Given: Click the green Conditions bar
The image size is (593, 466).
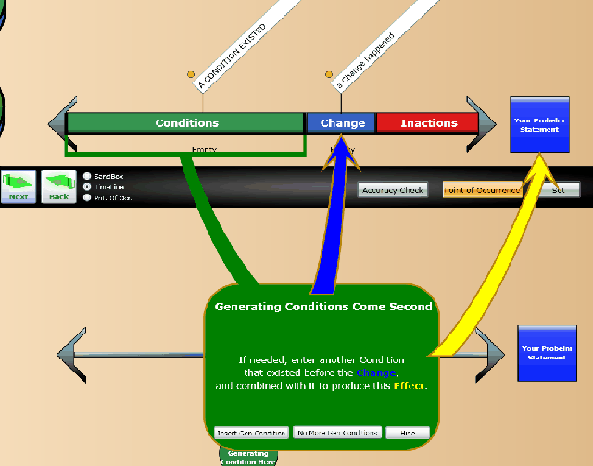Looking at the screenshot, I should (186, 123).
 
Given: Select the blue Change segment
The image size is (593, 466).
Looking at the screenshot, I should (342, 123).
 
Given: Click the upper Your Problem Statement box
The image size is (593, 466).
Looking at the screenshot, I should (538, 124).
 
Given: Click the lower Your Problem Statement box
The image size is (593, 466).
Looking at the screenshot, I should (543, 353).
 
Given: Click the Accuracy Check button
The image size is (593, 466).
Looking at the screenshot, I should (393, 190).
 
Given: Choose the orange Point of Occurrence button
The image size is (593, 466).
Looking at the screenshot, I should (481, 190).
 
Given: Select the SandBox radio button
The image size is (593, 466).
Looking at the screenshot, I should (87, 175).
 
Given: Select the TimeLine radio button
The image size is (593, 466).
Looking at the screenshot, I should (87, 185).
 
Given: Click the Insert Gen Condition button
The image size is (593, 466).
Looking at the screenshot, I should (250, 433).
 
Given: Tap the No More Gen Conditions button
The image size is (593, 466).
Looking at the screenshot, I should (336, 433).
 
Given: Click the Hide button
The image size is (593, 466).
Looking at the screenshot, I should (408, 433).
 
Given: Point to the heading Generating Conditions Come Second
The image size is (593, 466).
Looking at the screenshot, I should (322, 306).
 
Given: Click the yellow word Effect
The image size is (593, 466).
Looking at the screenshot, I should (409, 384).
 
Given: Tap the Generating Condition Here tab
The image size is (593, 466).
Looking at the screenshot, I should (247, 457).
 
